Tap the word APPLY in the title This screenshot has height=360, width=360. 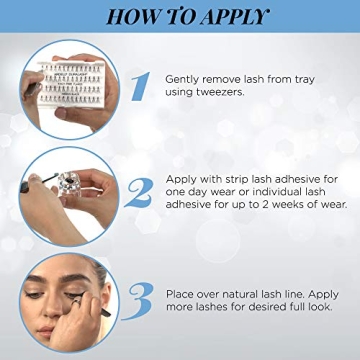point(236,17)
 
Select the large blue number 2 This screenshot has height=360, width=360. point(141,191)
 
